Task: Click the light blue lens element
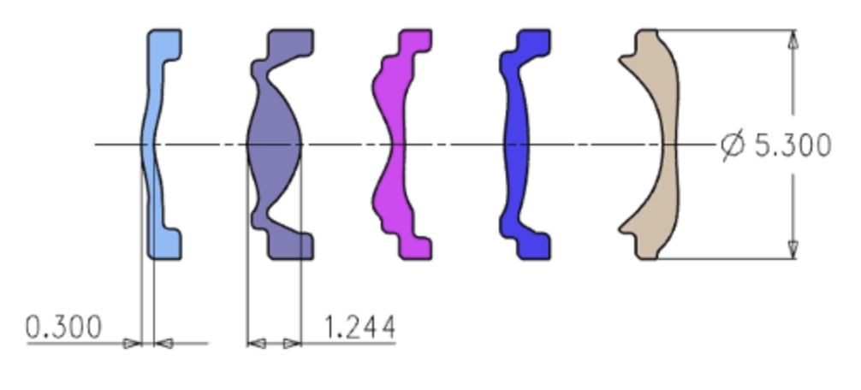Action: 156,145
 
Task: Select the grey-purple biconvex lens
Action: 275,145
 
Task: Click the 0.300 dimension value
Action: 63,328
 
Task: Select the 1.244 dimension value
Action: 360,328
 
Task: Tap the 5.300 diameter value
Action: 793,145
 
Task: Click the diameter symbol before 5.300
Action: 733,145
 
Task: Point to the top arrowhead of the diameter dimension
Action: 793,39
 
